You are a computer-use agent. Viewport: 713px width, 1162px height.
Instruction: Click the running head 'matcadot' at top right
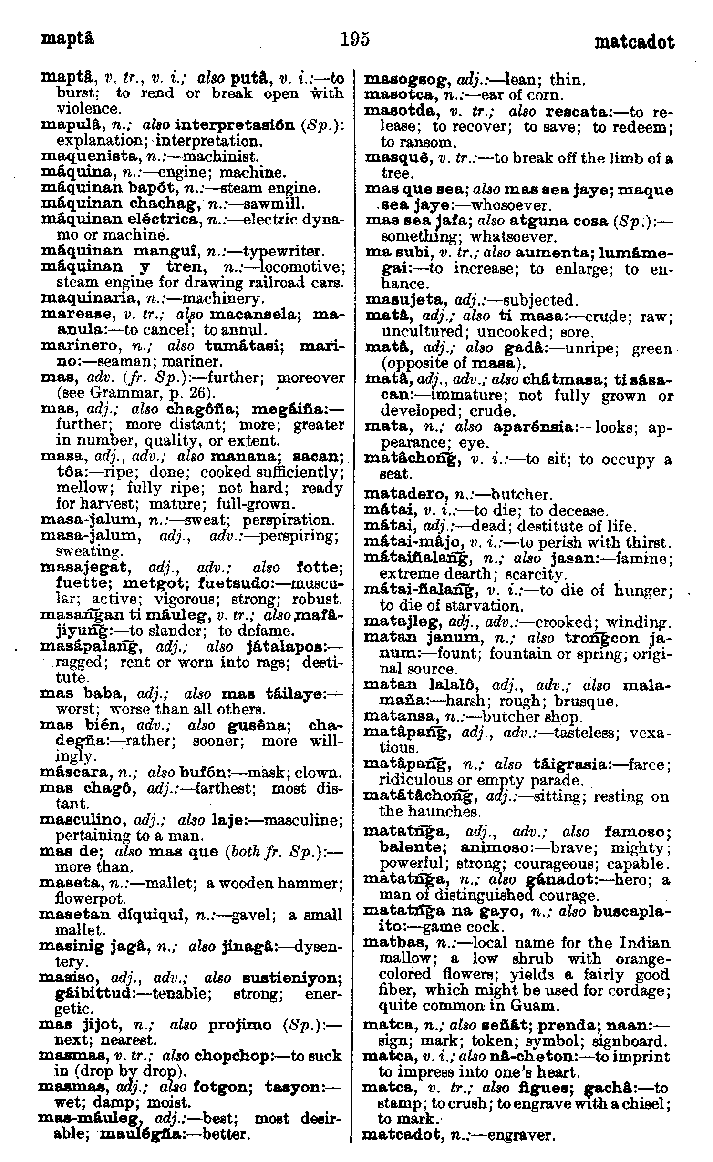pyautogui.click(x=634, y=42)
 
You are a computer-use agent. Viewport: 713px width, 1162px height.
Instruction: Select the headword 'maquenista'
pyautogui.click(x=81, y=157)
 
